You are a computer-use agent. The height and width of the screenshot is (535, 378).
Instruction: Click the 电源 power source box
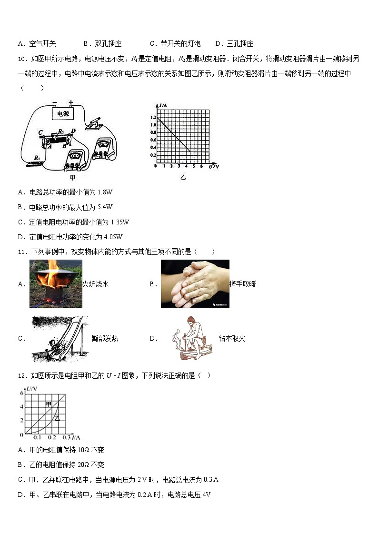point(62,114)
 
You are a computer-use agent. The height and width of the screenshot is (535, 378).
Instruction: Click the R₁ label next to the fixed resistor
point(37,158)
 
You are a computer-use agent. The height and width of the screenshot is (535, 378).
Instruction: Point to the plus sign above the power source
point(71,102)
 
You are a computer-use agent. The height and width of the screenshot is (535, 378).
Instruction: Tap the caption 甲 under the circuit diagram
point(73,177)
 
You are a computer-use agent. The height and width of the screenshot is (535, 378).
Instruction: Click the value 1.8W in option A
point(104,192)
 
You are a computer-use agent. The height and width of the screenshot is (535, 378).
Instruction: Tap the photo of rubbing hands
point(195,284)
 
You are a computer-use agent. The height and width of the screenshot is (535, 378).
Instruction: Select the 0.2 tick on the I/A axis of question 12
point(51,437)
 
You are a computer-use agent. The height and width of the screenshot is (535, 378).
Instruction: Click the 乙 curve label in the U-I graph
point(57,418)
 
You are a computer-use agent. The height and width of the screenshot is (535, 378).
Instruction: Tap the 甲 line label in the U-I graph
point(49,404)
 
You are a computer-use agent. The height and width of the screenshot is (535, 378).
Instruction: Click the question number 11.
point(21,252)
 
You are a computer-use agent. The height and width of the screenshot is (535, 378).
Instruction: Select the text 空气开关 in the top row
point(42,43)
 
